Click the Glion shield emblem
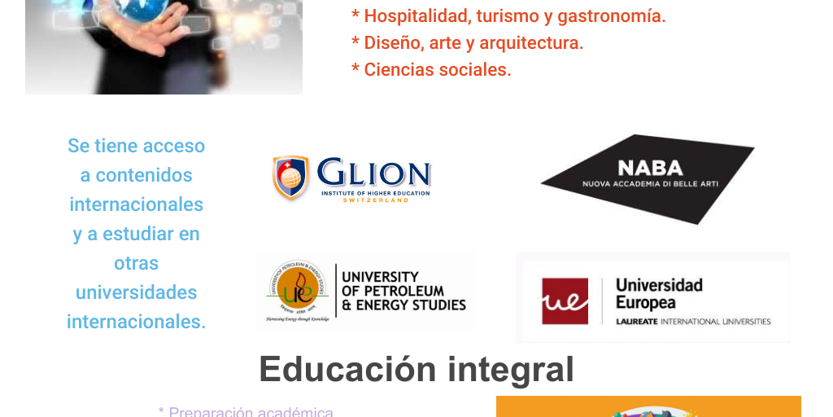[x=290, y=178]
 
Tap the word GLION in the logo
[x=373, y=173]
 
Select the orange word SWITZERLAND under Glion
[x=375, y=200]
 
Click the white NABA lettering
[x=650, y=169]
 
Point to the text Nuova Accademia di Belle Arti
[x=650, y=184]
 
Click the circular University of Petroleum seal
[x=294, y=288]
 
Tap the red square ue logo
[x=565, y=301]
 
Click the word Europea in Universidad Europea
[x=645, y=303]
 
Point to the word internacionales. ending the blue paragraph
[x=136, y=322]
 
